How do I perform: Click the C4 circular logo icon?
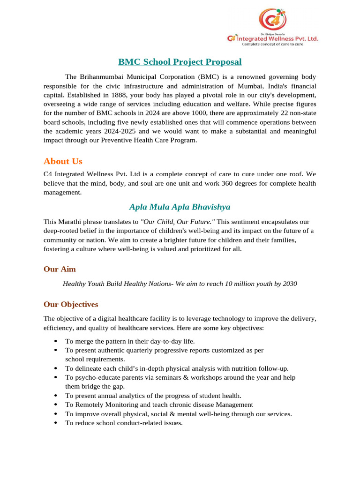coord(272,20)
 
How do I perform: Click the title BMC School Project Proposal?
coord(180,62)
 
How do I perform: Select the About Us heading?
coord(63,161)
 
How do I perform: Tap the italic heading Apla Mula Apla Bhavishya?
coord(180,207)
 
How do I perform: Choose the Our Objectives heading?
coord(71,304)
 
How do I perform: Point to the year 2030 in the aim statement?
coord(290,284)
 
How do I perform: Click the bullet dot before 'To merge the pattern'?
coord(56,341)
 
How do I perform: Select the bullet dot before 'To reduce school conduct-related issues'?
coord(56,423)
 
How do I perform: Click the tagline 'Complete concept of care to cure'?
coord(279,45)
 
